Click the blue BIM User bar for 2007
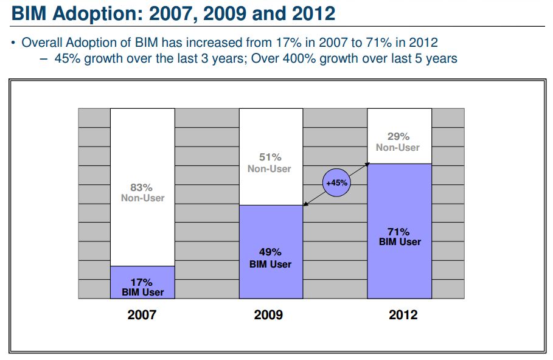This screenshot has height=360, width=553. coord(142,282)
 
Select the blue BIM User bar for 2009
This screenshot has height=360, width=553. coord(270,252)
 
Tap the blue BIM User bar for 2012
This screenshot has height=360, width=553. coord(399,231)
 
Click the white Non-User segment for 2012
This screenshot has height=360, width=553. coord(399,136)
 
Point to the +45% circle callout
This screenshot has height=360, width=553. coord(336,182)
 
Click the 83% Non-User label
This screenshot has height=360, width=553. coord(142,193)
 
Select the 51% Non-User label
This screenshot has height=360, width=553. coord(270,163)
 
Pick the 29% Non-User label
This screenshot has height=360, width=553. coord(398,142)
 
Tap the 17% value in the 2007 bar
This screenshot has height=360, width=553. coord(141,282)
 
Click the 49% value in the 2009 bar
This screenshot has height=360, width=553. coord(270,252)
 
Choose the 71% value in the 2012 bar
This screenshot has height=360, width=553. coord(399,232)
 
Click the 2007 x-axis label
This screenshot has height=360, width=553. coord(142,315)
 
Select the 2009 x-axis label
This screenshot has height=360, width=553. coord(268,315)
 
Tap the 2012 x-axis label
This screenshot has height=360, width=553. coord(403,315)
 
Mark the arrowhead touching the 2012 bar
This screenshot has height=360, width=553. coord(369,164)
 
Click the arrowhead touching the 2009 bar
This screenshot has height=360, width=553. coord(305,204)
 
